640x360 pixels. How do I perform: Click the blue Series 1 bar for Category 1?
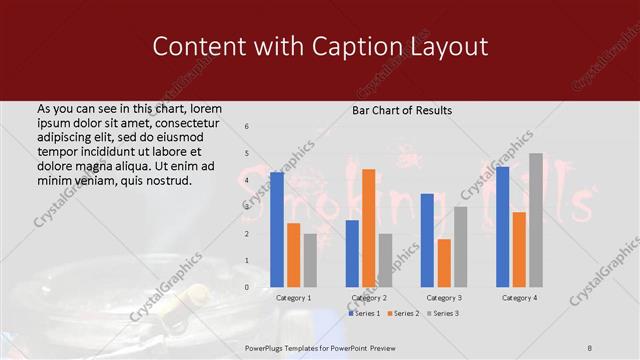click(x=277, y=230)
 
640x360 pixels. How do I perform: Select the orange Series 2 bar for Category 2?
click(x=368, y=228)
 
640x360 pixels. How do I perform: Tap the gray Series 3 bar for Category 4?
click(x=536, y=220)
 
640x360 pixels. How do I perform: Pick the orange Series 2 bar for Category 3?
click(x=443, y=263)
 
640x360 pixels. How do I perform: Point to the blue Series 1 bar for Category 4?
click(x=502, y=227)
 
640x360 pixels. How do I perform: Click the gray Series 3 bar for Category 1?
click(x=310, y=260)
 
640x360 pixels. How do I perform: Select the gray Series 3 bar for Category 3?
click(x=460, y=247)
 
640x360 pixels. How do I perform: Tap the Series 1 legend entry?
click(x=364, y=313)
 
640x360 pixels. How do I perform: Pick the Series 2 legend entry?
click(x=402, y=313)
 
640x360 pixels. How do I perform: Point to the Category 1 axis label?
click(x=294, y=298)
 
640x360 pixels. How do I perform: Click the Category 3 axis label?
click(x=444, y=298)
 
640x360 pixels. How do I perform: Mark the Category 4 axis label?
click(x=519, y=298)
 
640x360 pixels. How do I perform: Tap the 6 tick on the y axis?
click(x=247, y=126)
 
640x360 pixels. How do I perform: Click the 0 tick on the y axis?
click(x=247, y=287)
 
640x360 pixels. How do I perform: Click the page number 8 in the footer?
click(x=590, y=347)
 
